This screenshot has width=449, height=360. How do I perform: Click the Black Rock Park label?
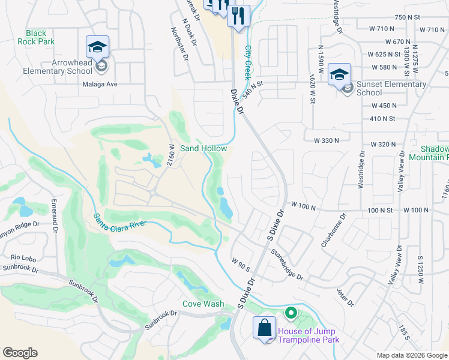coord(40,37)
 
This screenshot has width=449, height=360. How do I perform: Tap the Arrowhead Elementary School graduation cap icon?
coord(97,46)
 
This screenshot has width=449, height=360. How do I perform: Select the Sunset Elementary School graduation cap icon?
coord(339,73)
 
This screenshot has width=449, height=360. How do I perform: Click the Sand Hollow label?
coord(203,148)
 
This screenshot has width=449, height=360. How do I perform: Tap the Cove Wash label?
coord(203,304)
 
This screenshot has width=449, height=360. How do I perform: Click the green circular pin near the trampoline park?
coord(291,313)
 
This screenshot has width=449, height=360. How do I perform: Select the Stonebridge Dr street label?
coord(287,265)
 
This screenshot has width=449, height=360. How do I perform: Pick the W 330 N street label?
coord(326,140)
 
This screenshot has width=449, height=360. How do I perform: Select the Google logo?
coord(20,353)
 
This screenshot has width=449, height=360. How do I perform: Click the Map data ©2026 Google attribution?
coord(411,355)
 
